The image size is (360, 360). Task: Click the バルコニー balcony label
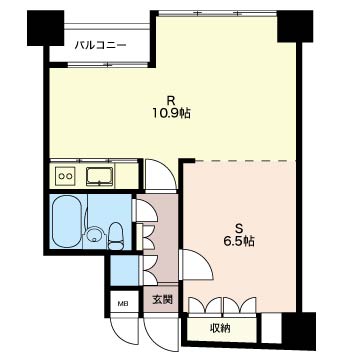(x=100, y=45)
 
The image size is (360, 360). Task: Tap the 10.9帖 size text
(x=172, y=114)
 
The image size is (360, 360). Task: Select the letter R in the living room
(x=172, y=100)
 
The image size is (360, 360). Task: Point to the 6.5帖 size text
(x=239, y=241)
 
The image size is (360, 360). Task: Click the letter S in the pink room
(x=239, y=228)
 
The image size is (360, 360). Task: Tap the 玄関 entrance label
(x=163, y=300)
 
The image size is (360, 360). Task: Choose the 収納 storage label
(x=220, y=329)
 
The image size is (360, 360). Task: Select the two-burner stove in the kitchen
(x=65, y=175)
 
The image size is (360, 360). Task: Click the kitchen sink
(x=99, y=176)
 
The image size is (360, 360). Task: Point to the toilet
(x=115, y=236)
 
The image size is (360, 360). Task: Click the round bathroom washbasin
(x=94, y=234)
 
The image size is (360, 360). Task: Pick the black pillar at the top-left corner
(x=45, y=28)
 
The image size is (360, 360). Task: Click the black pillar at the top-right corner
(x=295, y=26)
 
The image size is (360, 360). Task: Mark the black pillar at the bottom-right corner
(x=299, y=331)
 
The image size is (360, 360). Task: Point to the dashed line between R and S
(x=245, y=160)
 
